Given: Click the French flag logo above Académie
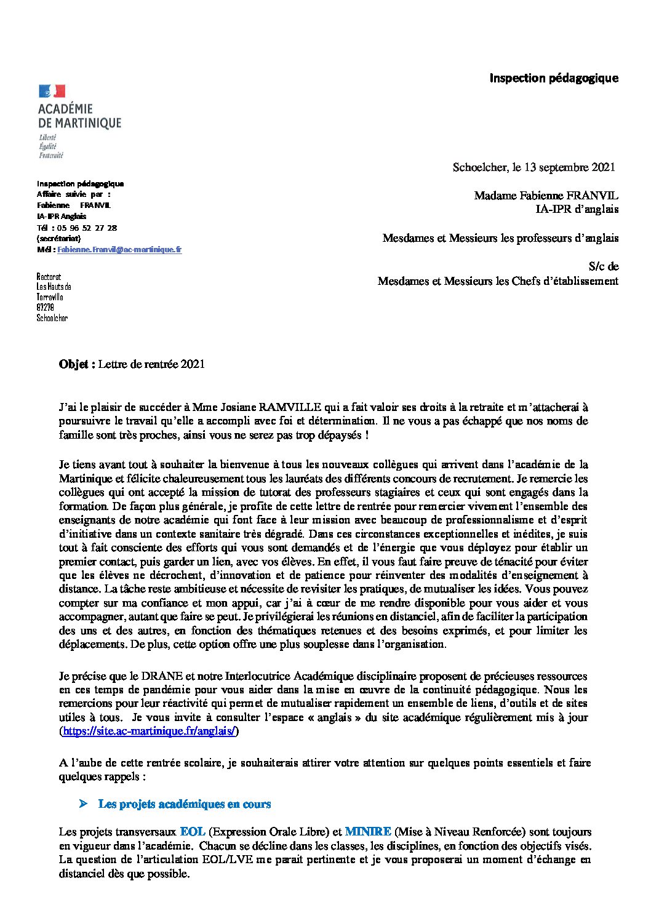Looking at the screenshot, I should click(52, 92).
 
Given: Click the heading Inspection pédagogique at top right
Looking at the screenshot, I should click(553, 78).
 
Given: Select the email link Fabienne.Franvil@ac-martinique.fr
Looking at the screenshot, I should click(119, 250).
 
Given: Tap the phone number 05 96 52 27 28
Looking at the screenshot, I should click(87, 228).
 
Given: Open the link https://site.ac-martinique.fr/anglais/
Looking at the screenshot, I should click(149, 732).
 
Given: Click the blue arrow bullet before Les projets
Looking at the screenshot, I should click(83, 804).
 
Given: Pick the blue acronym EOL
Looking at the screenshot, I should click(193, 832).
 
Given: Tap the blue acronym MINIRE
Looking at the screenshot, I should click(367, 832).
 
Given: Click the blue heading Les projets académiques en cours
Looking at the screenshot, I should click(185, 804).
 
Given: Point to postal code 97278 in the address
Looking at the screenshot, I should click(45, 308).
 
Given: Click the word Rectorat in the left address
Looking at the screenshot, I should click(49, 277).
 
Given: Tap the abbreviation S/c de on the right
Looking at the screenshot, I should click(603, 266).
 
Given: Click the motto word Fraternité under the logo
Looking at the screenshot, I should click(50, 156).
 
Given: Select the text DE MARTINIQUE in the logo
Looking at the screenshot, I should click(79, 124).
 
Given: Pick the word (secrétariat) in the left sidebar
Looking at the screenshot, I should click(58, 238).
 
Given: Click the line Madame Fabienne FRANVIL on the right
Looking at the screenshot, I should click(546, 196).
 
